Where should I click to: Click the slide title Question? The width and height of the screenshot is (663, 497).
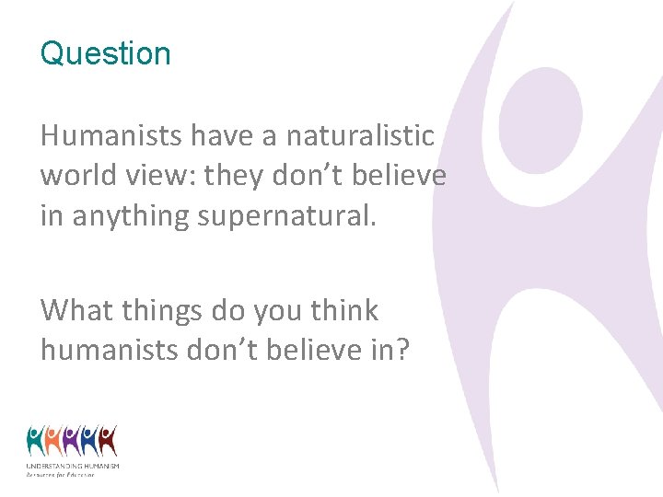[x=105, y=53]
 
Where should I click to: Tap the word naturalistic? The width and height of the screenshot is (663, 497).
[x=360, y=136]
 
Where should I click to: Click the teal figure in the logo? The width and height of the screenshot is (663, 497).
[x=35, y=442]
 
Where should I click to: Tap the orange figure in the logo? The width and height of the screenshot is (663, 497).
[x=53, y=442]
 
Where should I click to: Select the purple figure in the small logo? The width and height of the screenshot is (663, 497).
[x=72, y=442]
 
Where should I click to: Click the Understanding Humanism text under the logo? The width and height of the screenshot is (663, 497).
[x=73, y=467]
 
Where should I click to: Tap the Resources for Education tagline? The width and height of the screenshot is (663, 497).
[x=61, y=474]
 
